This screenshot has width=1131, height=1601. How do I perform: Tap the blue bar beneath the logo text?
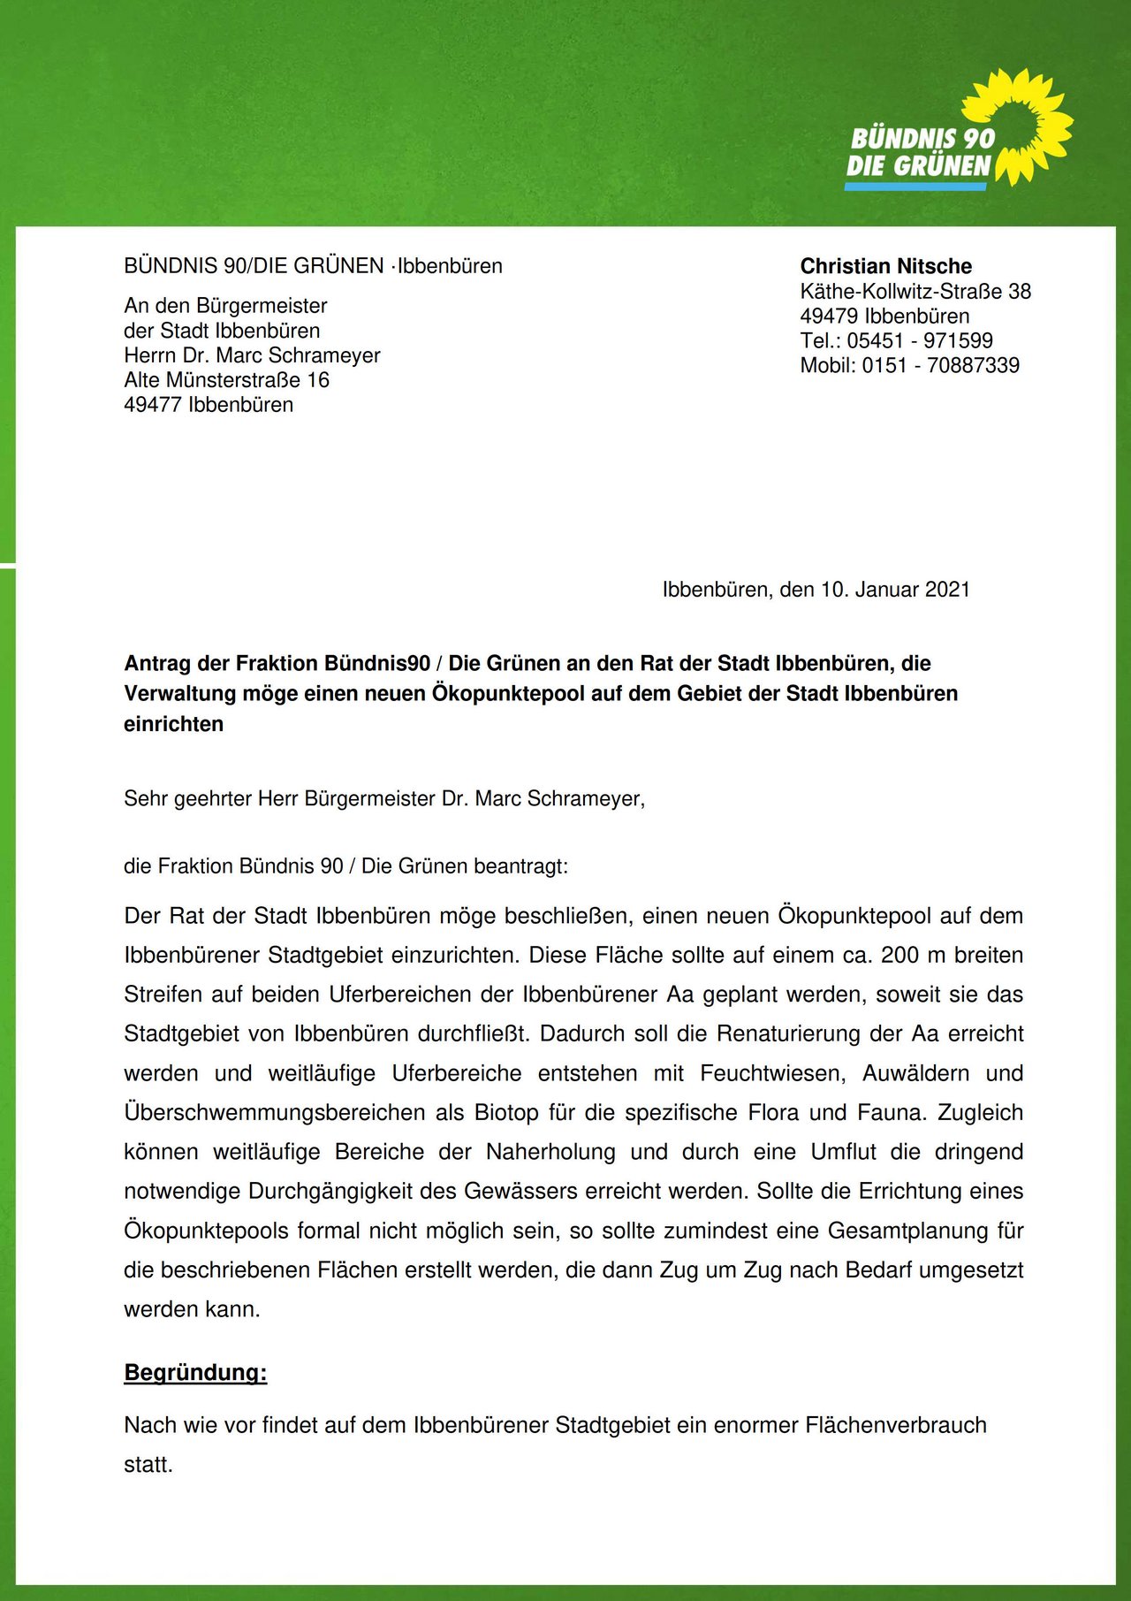pos(915,187)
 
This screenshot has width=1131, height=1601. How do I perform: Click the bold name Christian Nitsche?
pos(885,266)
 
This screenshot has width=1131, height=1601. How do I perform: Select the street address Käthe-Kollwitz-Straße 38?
pos(915,291)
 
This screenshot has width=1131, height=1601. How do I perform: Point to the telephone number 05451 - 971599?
pos(919,340)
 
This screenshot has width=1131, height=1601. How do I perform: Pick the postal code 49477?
pos(153,405)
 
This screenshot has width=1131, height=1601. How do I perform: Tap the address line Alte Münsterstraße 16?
pos(226,380)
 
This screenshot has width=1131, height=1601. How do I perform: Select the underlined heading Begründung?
pos(195,1373)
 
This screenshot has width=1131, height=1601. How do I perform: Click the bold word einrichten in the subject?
pos(173,724)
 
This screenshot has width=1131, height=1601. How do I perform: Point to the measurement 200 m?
pos(911,955)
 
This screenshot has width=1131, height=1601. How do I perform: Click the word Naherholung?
pos(550,1152)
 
